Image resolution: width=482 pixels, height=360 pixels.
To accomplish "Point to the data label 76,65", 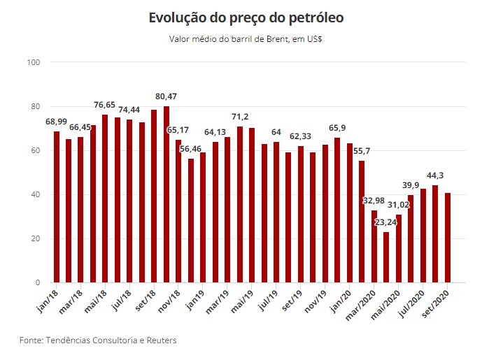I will (104, 105).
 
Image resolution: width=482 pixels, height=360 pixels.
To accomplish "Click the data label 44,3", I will (435, 175).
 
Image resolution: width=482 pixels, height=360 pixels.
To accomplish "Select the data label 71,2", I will (239, 117).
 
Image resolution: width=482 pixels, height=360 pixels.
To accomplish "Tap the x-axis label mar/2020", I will (363, 305).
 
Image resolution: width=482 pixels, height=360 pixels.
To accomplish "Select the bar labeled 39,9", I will (411, 238).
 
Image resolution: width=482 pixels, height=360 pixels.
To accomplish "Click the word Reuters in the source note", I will (159, 340).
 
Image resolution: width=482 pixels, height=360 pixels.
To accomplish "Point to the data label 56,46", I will (191, 149).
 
